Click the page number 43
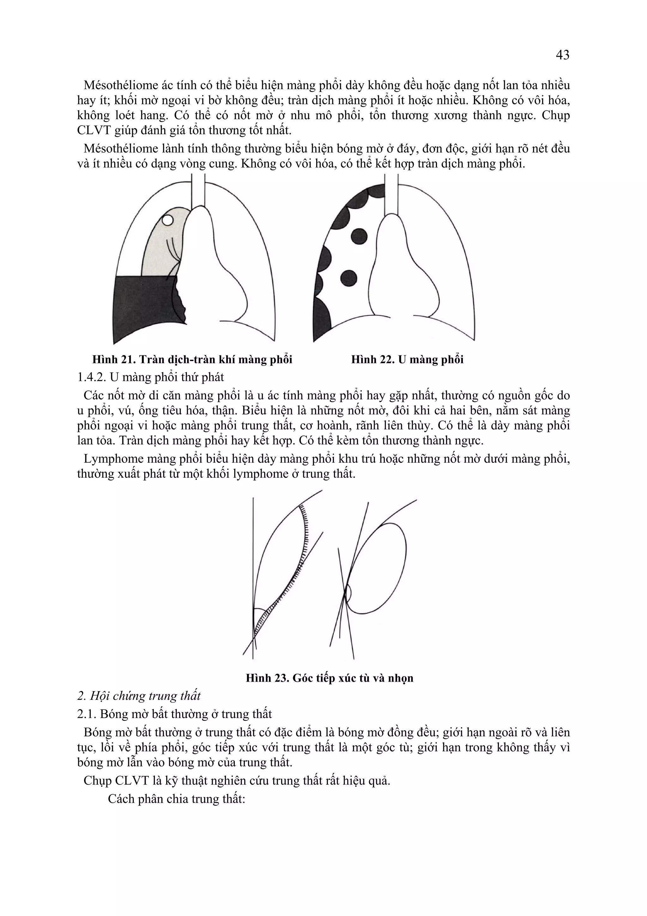pos(562,55)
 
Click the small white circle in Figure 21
pos(167,220)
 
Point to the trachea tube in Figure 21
pos(198,192)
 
